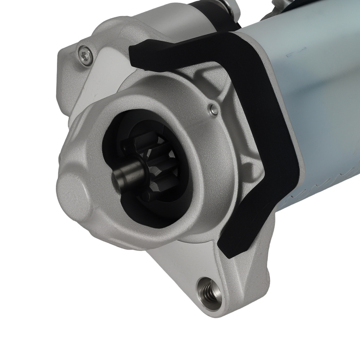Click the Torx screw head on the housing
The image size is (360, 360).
click(x=85, y=55)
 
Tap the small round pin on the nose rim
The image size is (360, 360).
click(x=214, y=109)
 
